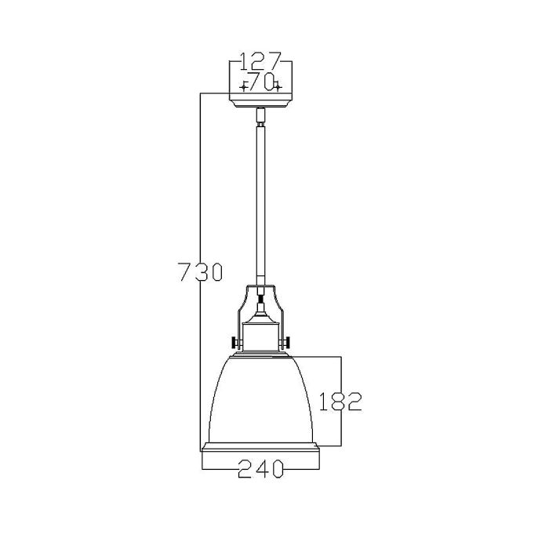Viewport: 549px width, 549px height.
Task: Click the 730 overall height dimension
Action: tap(199, 272)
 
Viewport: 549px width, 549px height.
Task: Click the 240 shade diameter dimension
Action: tap(260, 469)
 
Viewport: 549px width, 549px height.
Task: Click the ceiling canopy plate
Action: tap(260, 100)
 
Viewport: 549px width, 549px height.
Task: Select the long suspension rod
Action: tap(260, 204)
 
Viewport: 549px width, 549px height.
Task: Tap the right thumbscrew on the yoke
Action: tap(287, 342)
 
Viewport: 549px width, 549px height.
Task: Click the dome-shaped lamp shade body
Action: tap(260, 400)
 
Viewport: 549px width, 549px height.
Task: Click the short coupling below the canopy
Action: tap(260, 117)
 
